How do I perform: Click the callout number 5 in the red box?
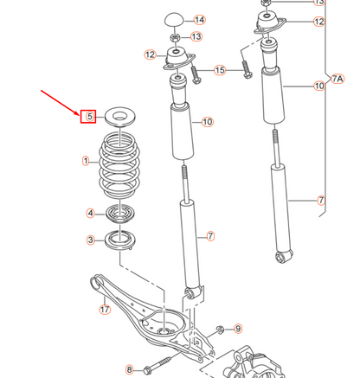pyautogui.click(x=89, y=116)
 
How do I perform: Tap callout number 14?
pyautogui.click(x=199, y=20)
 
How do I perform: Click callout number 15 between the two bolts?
pyautogui.click(x=219, y=69)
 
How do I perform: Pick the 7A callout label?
pyautogui.click(x=338, y=78)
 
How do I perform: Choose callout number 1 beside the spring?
pyautogui.click(x=86, y=161)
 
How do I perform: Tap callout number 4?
pyautogui.click(x=90, y=213)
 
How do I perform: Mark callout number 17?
pyautogui.click(x=105, y=309)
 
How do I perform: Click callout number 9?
pyautogui.click(x=238, y=328)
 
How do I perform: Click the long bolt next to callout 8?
pyautogui.click(x=169, y=361)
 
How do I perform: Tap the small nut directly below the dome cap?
pyautogui.click(x=174, y=37)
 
